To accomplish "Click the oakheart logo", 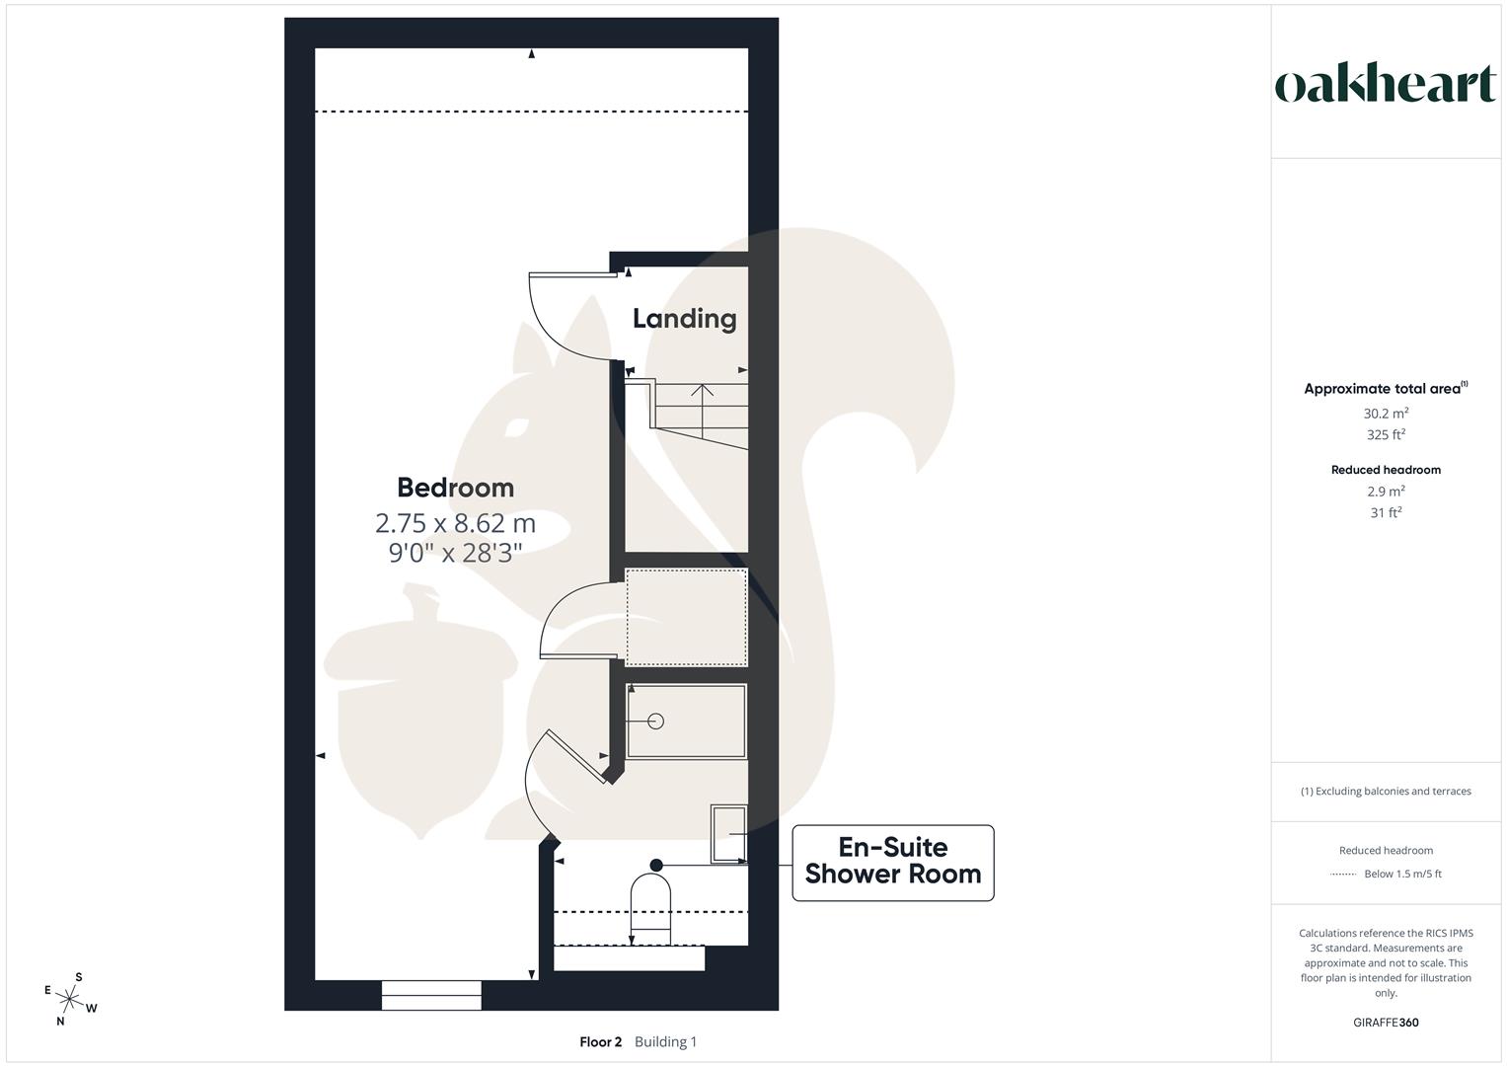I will (1385, 84).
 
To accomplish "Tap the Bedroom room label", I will (455, 488).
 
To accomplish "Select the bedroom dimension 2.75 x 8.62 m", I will (455, 522).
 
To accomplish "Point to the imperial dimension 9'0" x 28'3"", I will (455, 553).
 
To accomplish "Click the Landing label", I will (684, 319).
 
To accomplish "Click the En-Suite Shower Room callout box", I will (892, 862).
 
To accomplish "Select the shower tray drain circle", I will (655, 722).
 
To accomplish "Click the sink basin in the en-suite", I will (728, 834).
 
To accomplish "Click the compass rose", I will (70, 1000).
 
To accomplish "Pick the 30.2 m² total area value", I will (1386, 414).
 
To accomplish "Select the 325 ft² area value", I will (1386, 435).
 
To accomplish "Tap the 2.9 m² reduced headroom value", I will (1386, 492).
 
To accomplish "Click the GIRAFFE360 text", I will (1386, 1023).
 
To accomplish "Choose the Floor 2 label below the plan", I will (600, 1042).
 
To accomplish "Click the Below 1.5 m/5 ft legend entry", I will (1401, 875).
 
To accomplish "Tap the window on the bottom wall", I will (431, 995).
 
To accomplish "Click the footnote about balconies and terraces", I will (1386, 792).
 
